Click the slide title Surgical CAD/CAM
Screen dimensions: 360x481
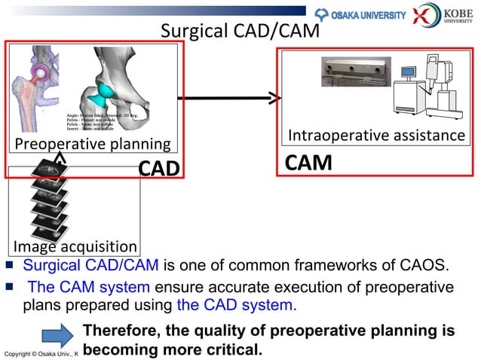tap(240, 32)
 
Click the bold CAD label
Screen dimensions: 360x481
tap(159, 168)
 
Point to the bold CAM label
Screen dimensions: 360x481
tap(308, 163)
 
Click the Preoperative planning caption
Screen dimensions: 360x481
tap(89, 144)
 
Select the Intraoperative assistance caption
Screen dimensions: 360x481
tap(377, 136)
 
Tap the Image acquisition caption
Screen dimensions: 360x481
tap(74, 246)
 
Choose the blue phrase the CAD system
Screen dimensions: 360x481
tap(235, 305)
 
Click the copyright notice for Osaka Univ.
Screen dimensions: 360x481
tap(41, 353)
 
